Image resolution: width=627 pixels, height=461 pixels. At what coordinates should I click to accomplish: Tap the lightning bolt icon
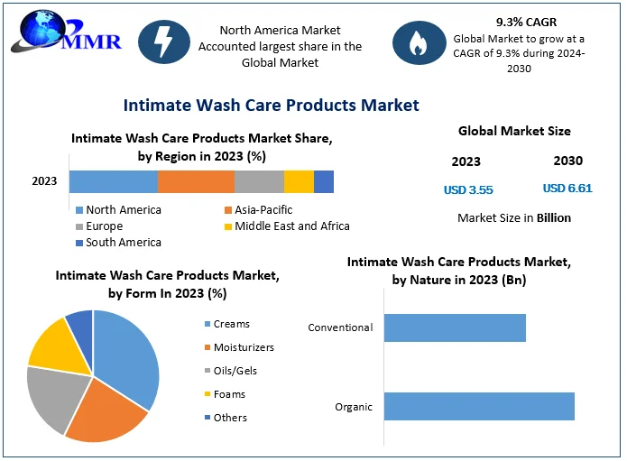coord(164,41)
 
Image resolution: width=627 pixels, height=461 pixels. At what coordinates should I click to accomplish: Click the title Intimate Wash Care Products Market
coord(271,105)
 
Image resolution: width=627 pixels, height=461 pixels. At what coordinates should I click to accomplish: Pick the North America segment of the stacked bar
coord(113,181)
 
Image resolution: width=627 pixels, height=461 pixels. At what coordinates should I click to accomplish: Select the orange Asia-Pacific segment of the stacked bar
coord(196,181)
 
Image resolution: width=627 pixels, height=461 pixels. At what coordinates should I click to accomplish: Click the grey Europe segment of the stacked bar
coord(259,181)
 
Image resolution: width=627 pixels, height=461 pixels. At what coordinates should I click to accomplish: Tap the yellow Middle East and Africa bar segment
coord(299,181)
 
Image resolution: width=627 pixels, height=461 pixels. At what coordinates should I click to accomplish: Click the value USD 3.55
coord(468,190)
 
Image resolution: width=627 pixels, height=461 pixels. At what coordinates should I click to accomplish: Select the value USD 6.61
coord(567,189)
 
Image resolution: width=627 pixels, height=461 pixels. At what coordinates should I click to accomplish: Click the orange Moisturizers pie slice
coord(104,416)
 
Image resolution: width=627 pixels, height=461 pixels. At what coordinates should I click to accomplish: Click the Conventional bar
coord(455,327)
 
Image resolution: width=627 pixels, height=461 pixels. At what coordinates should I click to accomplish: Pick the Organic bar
coord(479,406)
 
